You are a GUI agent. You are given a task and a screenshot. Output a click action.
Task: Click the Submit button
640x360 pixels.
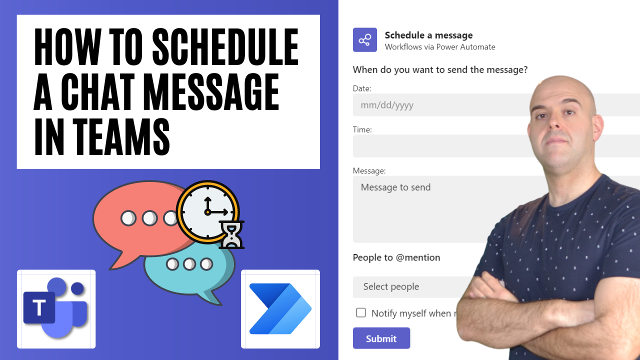coord(381,338)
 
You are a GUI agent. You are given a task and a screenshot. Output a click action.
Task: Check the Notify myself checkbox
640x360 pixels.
coord(361,313)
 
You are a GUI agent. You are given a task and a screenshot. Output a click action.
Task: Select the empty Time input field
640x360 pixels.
coord(440,146)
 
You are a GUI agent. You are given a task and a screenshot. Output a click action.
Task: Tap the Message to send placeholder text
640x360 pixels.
coord(395,187)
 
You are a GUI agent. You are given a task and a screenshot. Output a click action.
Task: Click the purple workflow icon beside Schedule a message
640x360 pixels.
coord(365,40)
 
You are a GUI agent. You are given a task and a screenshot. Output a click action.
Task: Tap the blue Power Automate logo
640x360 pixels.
coord(280,308)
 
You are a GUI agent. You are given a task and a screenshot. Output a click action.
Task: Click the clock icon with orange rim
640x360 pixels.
coord(208,211)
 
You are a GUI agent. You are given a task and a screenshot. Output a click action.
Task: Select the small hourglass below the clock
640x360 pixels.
coord(231,235)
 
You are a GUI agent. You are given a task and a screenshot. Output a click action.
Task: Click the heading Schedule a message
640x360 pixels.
coord(428,35)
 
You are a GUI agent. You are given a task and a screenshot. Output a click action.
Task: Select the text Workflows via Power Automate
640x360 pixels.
coord(440,47)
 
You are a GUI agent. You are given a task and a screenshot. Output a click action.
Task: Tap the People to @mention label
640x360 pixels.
coord(396,257)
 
